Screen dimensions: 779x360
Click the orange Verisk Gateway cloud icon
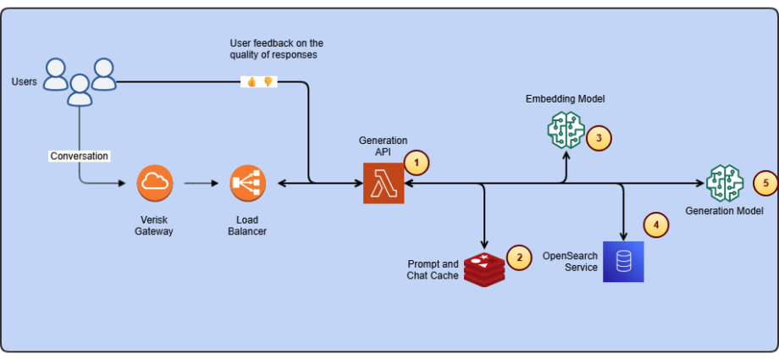click(155, 184)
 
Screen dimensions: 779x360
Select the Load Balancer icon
click(247, 184)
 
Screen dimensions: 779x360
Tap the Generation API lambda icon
click(384, 184)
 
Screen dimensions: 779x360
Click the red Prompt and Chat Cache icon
click(484, 270)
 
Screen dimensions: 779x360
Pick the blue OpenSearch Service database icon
click(623, 262)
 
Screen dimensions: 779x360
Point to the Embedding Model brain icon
click(566, 129)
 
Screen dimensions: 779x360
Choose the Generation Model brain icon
click(725, 183)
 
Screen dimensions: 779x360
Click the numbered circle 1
click(417, 163)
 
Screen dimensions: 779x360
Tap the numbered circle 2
click(519, 258)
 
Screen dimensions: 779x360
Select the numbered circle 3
click(599, 138)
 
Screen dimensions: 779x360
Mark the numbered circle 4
click(656, 224)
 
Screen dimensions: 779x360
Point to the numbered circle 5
click(765, 183)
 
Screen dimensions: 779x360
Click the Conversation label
click(79, 156)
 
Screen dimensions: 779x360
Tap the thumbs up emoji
click(251, 82)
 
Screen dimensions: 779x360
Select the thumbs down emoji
click(268, 82)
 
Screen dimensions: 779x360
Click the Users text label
click(25, 81)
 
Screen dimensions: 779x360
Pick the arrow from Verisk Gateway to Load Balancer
click(202, 184)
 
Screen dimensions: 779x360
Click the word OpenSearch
click(570, 256)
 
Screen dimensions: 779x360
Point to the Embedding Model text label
click(566, 98)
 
